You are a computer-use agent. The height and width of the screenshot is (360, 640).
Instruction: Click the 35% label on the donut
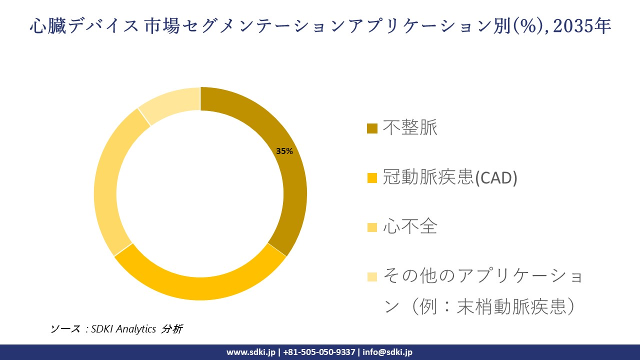pyautogui.click(x=284, y=151)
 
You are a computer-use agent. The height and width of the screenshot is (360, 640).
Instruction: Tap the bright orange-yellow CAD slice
pyautogui.click(x=200, y=288)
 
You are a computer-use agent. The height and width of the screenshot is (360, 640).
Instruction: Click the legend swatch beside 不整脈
pyautogui.click(x=372, y=129)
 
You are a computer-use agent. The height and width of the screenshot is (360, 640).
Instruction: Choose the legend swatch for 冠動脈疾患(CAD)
pyautogui.click(x=372, y=178)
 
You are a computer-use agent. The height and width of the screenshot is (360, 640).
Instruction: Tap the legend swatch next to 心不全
pyautogui.click(x=372, y=227)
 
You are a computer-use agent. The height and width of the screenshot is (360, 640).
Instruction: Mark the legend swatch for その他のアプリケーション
pyautogui.click(x=372, y=276)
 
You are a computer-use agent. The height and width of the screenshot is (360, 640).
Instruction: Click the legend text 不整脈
pyautogui.click(x=410, y=128)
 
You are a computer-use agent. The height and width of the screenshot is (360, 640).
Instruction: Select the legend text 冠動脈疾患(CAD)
pyautogui.click(x=450, y=177)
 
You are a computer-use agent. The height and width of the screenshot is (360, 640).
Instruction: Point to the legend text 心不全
pyautogui.click(x=410, y=227)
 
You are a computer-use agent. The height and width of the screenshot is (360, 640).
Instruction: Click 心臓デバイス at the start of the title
pyautogui.click(x=83, y=26)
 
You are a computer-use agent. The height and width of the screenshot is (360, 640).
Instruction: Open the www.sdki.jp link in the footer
pyautogui.click(x=251, y=352)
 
